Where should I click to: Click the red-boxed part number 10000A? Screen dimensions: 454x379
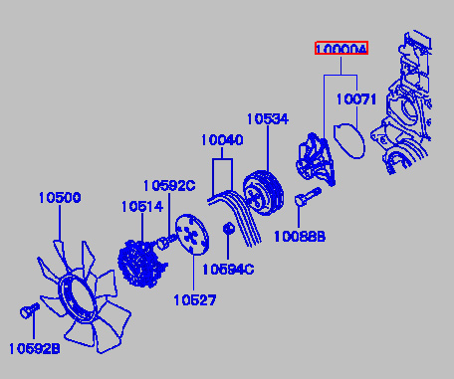point(341,49)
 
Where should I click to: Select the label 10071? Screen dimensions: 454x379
point(356,99)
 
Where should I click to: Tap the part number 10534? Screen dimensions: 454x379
point(268,119)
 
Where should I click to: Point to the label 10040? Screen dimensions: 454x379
point(222,140)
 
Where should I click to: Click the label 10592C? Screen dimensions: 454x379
point(169,186)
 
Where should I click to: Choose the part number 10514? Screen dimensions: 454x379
point(142,207)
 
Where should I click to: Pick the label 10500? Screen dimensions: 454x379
point(60,198)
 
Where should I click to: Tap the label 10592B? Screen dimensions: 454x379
point(35,349)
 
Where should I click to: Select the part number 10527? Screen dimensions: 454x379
point(195,300)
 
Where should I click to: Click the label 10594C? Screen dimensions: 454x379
point(228,270)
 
